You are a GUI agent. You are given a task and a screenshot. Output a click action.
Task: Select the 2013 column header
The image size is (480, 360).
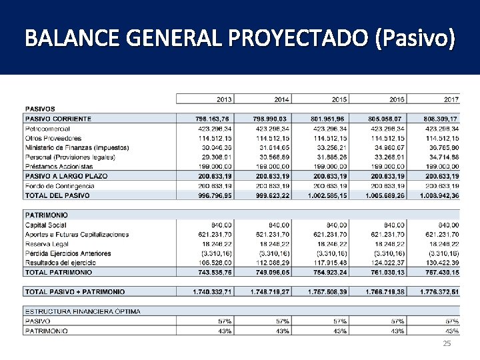pyautogui.click(x=224, y=99)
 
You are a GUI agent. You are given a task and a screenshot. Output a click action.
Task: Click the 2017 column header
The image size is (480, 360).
pyautogui.click(x=451, y=99)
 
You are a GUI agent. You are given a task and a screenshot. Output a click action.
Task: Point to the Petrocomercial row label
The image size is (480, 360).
pyautogui.click(x=47, y=128)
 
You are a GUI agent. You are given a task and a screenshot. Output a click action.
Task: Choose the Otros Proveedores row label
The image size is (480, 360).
pyautogui.click(x=53, y=138)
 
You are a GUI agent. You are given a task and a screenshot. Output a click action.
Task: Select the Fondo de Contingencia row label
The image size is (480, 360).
pyautogui.click(x=59, y=186)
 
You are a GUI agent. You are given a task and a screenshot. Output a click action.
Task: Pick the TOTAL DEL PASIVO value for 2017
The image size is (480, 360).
pyautogui.click(x=439, y=196)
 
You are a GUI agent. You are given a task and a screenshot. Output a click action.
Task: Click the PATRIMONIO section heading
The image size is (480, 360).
pyautogui.click(x=46, y=215)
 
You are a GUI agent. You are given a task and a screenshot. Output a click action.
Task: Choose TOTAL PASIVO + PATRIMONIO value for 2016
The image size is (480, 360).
pyautogui.click(x=384, y=292)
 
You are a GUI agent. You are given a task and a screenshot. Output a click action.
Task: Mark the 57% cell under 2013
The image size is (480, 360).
pyautogui.click(x=225, y=321)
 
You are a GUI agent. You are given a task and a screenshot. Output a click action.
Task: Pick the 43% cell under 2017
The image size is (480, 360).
pyautogui.click(x=451, y=331)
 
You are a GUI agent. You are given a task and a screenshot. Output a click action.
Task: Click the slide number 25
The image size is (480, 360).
pyautogui.click(x=447, y=343)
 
